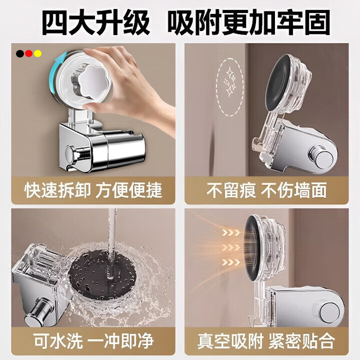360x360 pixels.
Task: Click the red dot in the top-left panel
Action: pos(29,53)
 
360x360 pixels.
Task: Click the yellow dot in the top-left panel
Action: pos(38,53)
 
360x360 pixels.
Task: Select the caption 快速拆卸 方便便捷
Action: pos(94,190)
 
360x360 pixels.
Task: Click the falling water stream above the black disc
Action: pos(111,225)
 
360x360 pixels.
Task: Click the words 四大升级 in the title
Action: pos(95,22)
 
